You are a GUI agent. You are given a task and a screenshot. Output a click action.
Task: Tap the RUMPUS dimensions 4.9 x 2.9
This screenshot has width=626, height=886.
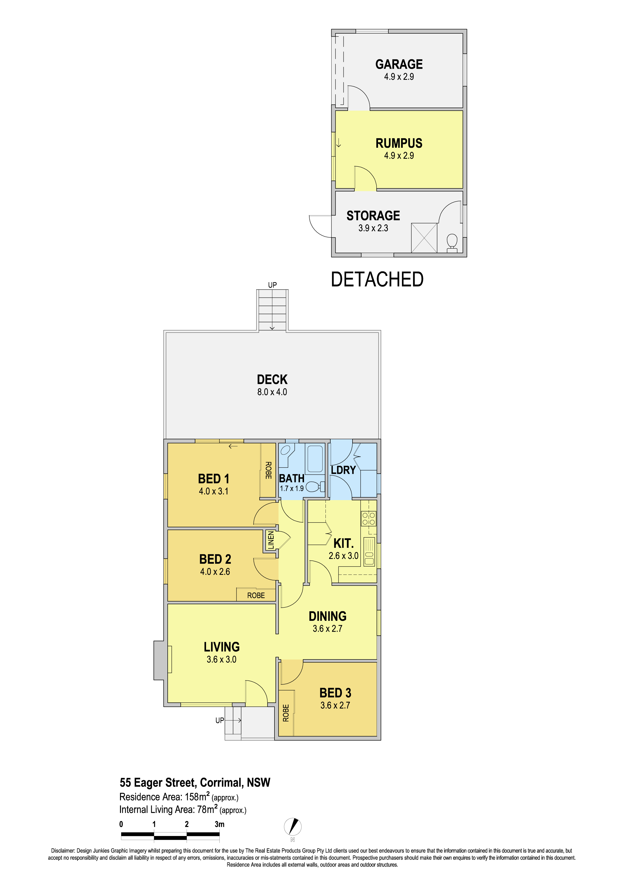(399, 156)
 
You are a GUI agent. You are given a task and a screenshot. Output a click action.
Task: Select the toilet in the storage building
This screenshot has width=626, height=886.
(452, 243)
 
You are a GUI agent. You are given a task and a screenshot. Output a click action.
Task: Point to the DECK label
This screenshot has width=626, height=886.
(272, 379)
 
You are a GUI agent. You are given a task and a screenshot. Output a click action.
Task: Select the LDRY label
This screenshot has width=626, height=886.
(343, 470)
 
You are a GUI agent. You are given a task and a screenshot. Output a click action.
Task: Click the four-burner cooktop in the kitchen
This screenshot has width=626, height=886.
(368, 518)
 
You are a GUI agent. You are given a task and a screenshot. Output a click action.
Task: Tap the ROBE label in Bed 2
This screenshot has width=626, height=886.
(256, 596)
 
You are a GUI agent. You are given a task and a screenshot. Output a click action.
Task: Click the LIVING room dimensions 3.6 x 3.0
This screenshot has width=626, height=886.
(221, 659)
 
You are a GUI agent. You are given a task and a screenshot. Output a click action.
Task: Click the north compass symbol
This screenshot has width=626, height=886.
(293, 827)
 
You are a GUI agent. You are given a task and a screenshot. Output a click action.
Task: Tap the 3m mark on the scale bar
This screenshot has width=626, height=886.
(219, 824)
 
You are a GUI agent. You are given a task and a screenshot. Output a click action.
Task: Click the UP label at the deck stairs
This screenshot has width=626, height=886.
(272, 285)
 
